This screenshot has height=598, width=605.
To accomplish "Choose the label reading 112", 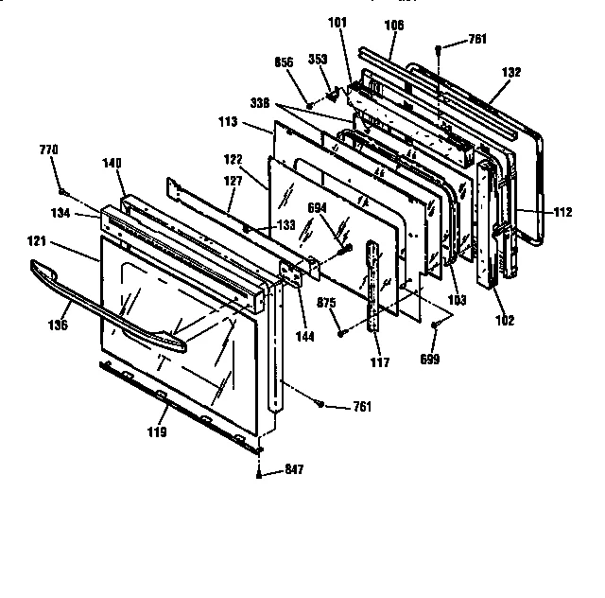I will coord(562,213).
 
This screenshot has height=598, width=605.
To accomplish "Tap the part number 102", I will coord(504,321).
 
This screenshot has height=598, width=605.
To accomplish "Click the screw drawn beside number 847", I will coord(258,473).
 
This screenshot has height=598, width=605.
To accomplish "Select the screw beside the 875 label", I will coord(338,331).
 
